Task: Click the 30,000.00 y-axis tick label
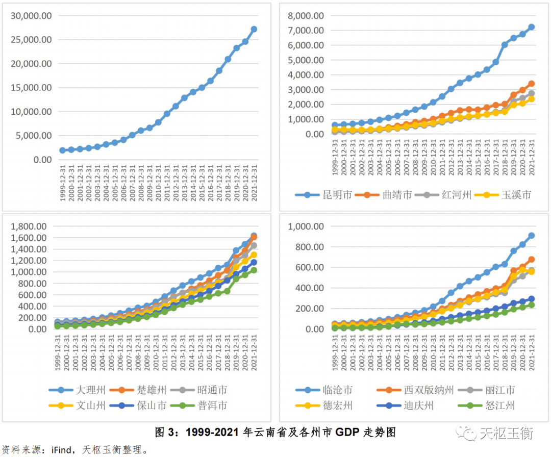pyautogui.click(x=31, y=16)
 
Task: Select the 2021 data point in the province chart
pyautogui.click(x=254, y=29)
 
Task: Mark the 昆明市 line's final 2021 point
pyautogui.click(x=531, y=27)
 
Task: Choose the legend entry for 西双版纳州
pyautogui.click(x=421, y=390)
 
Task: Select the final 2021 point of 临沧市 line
pyautogui.click(x=531, y=236)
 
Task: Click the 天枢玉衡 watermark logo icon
pyautogui.click(x=465, y=433)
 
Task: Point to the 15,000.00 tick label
pyautogui.click(x=31, y=88)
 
